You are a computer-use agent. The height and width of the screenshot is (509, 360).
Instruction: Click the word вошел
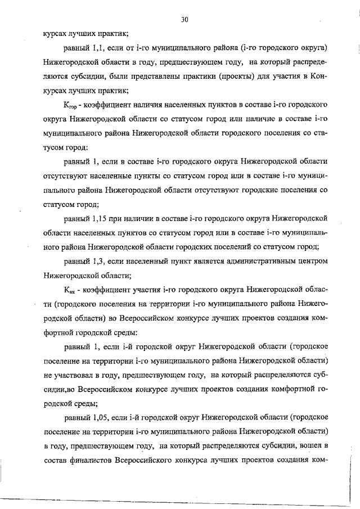pos(309,447)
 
